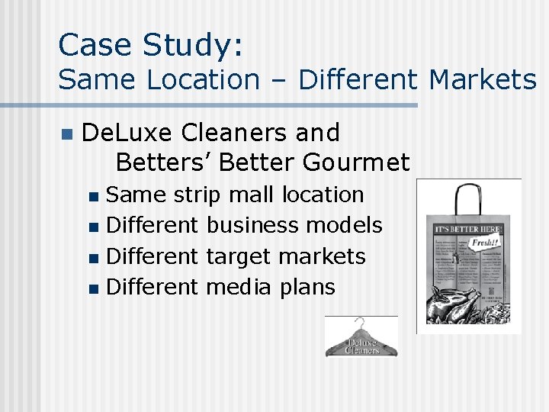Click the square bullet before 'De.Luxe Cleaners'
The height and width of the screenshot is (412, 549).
[x=66, y=134]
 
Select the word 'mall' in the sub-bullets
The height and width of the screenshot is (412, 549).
[x=254, y=195]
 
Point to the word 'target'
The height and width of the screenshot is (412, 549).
[x=239, y=256]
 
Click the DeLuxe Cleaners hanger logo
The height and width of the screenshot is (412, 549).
[x=361, y=337]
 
